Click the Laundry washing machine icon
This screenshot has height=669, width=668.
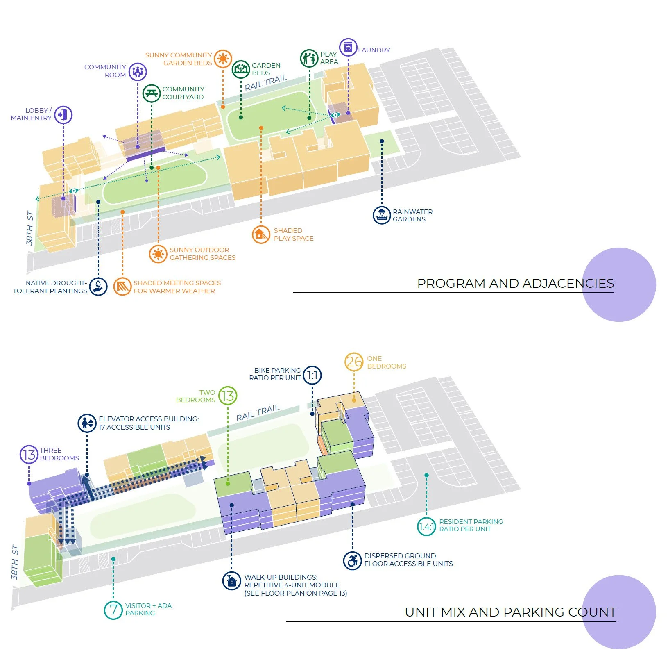coord(348,48)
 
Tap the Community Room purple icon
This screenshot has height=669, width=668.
coord(138,71)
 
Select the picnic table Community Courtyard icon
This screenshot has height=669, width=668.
coord(152,93)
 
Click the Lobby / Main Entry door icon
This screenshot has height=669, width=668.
coord(63,115)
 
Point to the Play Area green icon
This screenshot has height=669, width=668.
coord(309,58)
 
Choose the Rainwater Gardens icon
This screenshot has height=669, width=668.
coord(381,215)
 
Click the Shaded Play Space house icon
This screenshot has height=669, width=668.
coord(260,234)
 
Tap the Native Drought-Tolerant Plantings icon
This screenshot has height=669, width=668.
coord(98,287)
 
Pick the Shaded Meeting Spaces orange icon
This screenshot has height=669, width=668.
coord(122,287)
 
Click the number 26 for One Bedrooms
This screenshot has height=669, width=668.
coord(354,362)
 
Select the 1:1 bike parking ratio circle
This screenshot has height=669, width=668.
coord(312,375)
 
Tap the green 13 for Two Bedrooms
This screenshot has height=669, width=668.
coord(228,396)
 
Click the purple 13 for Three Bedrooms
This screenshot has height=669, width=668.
coord(29,454)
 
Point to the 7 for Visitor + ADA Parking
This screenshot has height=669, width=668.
coord(113,610)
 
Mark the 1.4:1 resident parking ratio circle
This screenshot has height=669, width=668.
coord(426,526)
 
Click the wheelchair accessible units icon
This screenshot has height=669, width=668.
coord(352,560)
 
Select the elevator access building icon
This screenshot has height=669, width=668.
coord(87,423)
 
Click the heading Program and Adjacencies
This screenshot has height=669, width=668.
coord(515,283)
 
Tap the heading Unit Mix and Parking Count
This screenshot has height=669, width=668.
coord(510,612)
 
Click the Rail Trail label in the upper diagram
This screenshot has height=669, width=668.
coord(265,83)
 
